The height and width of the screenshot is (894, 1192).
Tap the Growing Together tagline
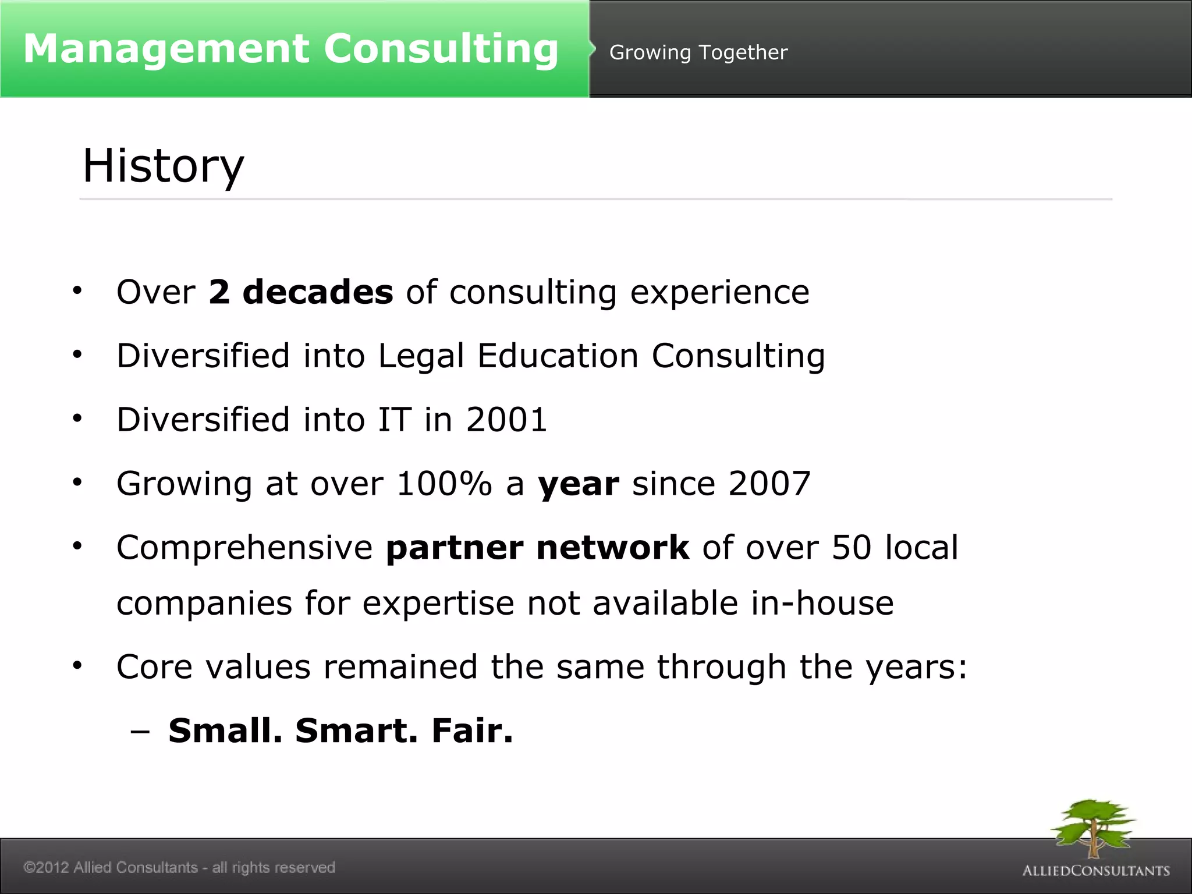[698, 52]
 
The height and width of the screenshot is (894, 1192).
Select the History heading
[163, 166]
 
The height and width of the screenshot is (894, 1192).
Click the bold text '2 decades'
[300, 292]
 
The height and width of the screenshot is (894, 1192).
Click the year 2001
[506, 420]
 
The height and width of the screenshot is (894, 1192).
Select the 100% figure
[444, 484]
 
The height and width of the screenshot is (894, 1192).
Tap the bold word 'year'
[579, 485]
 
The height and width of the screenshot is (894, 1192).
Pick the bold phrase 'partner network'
[537, 548]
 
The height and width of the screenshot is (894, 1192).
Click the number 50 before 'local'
[852, 548]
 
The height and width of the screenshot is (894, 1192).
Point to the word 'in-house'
[822, 603]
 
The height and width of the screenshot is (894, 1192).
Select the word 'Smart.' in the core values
[356, 731]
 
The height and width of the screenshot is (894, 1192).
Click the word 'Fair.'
[472, 731]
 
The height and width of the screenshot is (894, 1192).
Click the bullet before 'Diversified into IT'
[77, 418]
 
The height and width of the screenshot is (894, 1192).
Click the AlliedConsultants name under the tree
[1096, 871]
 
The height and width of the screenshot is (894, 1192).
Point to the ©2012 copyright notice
[179, 867]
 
